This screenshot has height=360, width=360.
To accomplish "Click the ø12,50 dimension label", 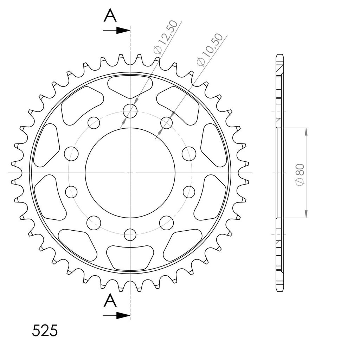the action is pyautogui.click(x=166, y=37).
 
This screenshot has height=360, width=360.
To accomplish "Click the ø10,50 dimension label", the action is pyautogui.click(x=210, y=50).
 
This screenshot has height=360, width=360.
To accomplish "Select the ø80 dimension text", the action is pyautogui.click(x=300, y=174).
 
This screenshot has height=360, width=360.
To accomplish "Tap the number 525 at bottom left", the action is pyautogui.click(x=45, y=330).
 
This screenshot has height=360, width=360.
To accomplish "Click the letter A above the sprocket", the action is pyautogui.click(x=110, y=16).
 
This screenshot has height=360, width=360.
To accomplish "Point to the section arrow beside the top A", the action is pyautogui.click(x=117, y=30).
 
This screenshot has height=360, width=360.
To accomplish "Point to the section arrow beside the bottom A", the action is pyautogui.click(x=117, y=315).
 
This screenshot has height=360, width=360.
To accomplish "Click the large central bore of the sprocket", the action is pyautogui.click(x=130, y=173).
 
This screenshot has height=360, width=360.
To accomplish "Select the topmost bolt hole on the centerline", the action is pyautogui.click(x=130, y=111).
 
